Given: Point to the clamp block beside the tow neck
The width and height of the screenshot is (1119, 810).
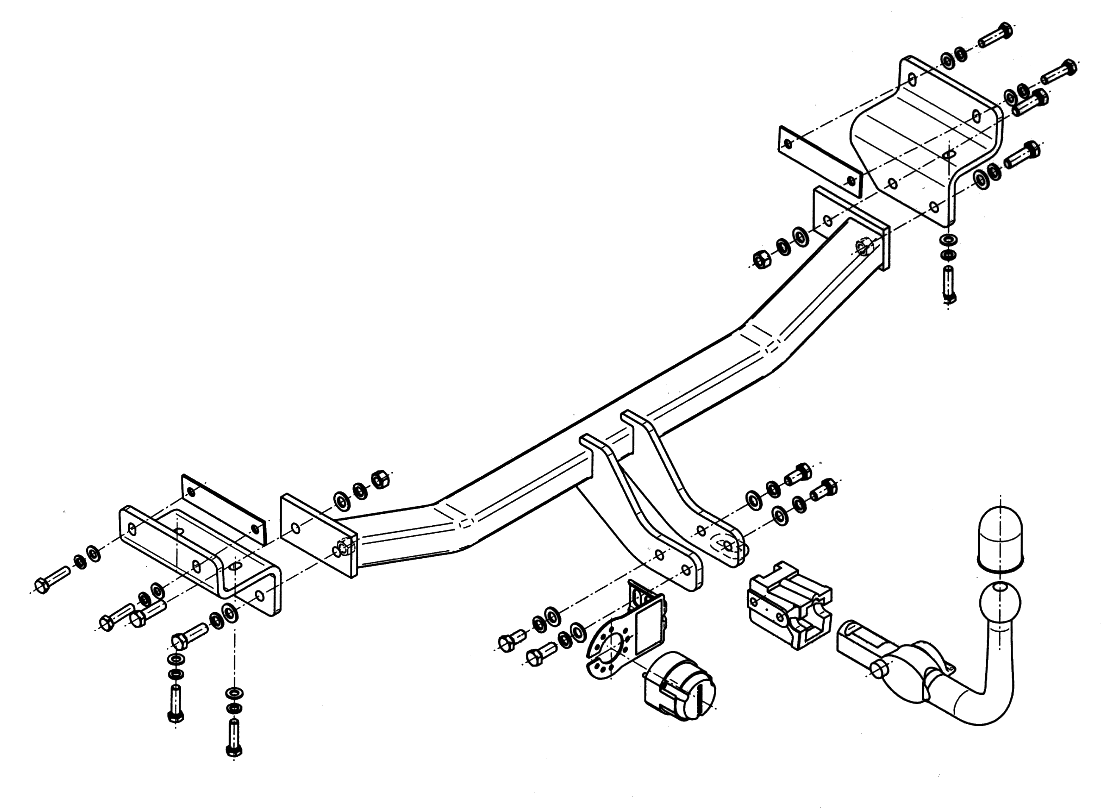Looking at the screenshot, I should (790, 604).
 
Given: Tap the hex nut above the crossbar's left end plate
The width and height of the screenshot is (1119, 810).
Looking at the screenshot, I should (380, 479).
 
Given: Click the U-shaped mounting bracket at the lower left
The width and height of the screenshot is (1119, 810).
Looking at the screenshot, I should (200, 560).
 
